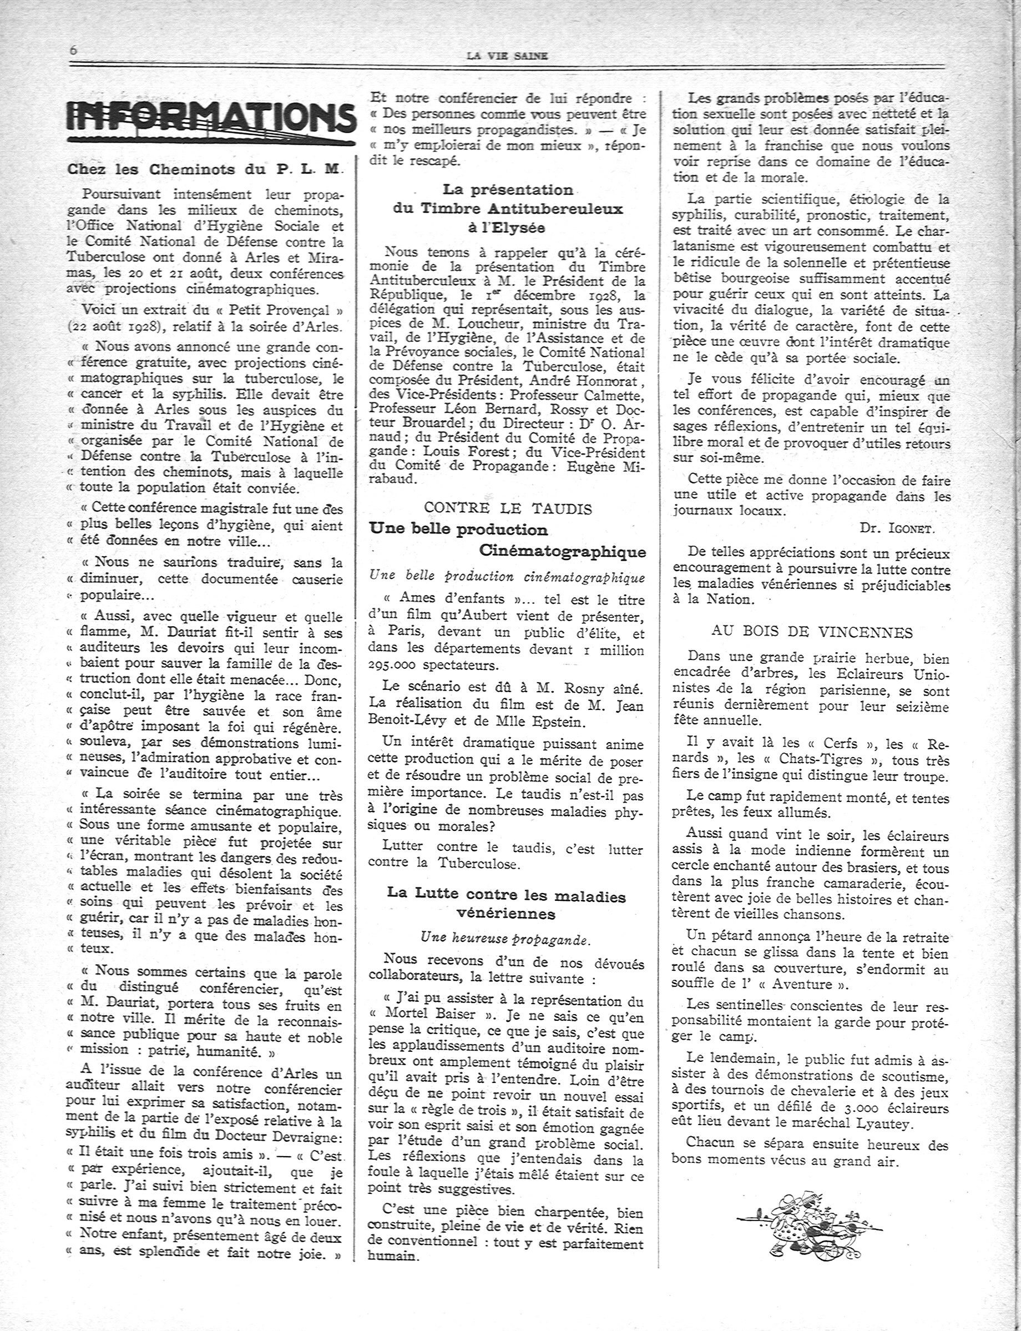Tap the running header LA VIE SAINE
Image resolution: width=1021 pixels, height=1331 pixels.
pyautogui.click(x=508, y=56)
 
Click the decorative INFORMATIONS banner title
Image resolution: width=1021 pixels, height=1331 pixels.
pyautogui.click(x=211, y=122)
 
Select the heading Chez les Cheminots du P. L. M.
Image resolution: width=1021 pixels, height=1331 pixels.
pyautogui.click(x=205, y=170)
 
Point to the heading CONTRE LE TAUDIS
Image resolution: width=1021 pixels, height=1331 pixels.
pyautogui.click(x=508, y=508)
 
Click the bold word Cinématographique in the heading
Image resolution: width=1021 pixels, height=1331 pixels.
pyautogui.click(x=562, y=551)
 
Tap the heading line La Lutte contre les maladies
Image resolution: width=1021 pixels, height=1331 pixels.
pyautogui.click(x=506, y=895)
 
